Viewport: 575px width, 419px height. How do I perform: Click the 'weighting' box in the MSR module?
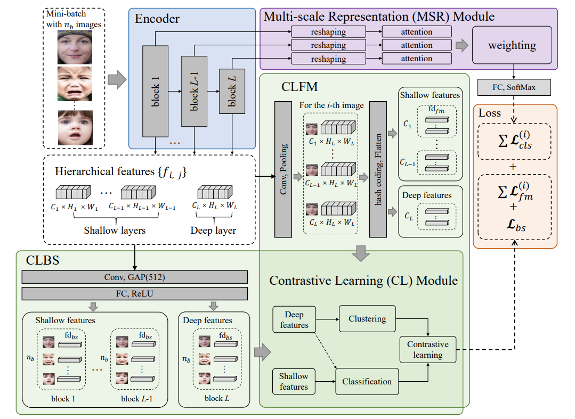(x=512, y=45)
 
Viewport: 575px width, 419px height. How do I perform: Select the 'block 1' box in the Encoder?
(x=156, y=91)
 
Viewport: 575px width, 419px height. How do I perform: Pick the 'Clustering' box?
(x=367, y=319)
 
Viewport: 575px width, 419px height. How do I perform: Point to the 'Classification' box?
(x=367, y=381)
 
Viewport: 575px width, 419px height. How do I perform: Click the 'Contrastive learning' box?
(x=428, y=349)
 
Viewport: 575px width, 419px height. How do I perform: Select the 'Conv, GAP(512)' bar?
(x=135, y=277)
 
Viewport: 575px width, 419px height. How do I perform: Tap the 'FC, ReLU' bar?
(x=135, y=294)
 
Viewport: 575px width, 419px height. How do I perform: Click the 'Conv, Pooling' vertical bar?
(x=284, y=169)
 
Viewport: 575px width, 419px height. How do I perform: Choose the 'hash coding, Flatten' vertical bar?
(x=378, y=169)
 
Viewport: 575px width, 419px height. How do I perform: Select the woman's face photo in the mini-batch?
(x=75, y=47)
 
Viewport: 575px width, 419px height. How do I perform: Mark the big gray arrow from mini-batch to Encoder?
(x=117, y=80)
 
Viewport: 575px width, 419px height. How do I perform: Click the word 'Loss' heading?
(x=491, y=113)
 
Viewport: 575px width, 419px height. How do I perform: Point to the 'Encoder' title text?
(x=157, y=19)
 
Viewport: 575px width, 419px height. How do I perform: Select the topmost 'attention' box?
(x=417, y=32)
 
